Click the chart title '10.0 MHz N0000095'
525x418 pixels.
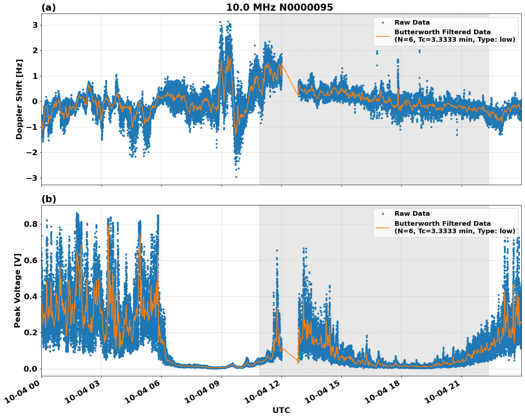[279, 7]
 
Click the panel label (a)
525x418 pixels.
[49, 7]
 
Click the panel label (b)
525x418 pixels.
[49, 199]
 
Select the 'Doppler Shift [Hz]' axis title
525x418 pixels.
[19, 99]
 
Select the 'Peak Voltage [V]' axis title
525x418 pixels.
[17, 290]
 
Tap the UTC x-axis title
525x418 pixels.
[281, 410]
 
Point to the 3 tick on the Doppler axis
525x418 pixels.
[35, 25]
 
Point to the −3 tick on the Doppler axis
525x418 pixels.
[32, 178]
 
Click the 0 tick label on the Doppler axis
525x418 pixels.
[35, 102]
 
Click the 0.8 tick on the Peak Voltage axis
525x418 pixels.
[31, 224]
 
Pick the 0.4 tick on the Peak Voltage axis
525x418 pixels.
[31, 296]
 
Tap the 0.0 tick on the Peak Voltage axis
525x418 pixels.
[31, 369]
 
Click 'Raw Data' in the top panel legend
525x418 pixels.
[412, 22]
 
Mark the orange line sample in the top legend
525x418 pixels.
[383, 36]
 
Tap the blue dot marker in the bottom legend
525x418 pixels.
[383, 214]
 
